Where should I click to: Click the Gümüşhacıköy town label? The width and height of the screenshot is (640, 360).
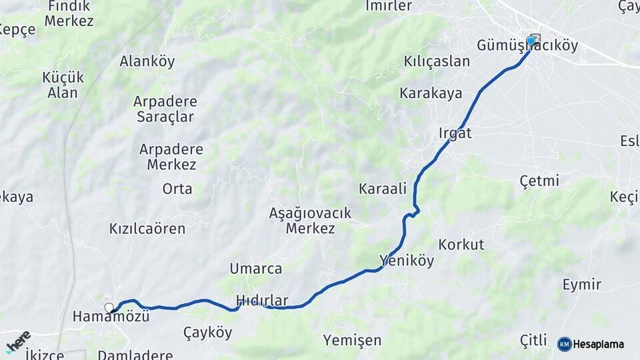coord(527,46)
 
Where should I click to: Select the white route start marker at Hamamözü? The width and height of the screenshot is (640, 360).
coord(109,307)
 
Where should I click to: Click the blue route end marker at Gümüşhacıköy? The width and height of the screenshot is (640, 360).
coord(531,40)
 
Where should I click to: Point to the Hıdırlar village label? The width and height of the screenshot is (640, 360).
coord(262,301)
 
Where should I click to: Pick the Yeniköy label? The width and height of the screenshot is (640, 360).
coord(407,260)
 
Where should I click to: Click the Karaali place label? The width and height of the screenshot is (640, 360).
coord(383,189)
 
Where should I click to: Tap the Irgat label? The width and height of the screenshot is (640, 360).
coord(455,133)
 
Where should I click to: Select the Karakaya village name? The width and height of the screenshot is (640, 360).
coord(431,93)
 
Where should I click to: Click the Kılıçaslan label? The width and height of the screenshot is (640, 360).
coord(437,61)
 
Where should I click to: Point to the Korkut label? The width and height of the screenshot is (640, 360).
coord(461,244)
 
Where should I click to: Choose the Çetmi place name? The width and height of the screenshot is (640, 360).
coord(539,181)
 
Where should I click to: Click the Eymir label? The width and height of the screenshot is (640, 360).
coord(581,285)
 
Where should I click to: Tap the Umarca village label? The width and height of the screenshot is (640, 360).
coord(256,269)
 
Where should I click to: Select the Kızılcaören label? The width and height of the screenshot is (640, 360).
coord(147,229)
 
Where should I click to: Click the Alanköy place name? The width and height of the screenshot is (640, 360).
coord(147,61)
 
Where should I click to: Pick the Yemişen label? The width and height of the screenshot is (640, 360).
coord(353,341)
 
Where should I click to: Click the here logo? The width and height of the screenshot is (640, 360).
coord(19,341)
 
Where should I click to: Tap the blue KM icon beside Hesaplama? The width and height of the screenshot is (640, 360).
coord(564,344)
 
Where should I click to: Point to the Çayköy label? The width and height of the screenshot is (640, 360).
coord(208,332)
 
